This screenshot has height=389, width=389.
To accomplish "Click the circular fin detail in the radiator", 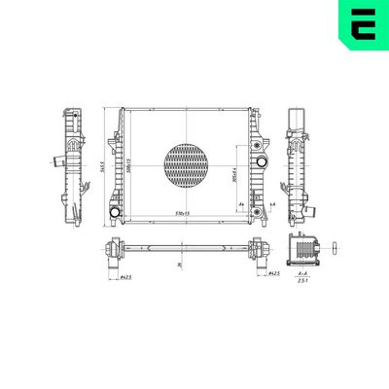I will coord(188,165).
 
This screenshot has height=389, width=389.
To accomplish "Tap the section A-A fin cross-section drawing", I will coord(304,251).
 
